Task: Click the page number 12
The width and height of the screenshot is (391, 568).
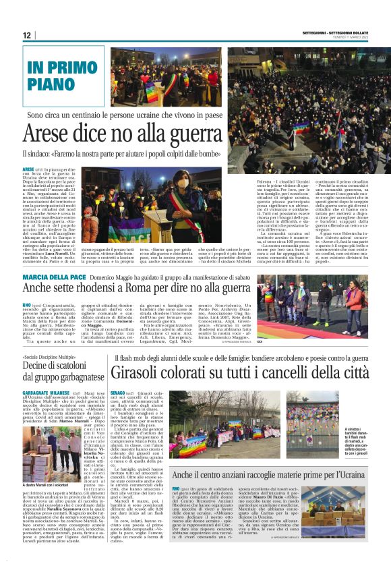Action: point(27,35)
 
